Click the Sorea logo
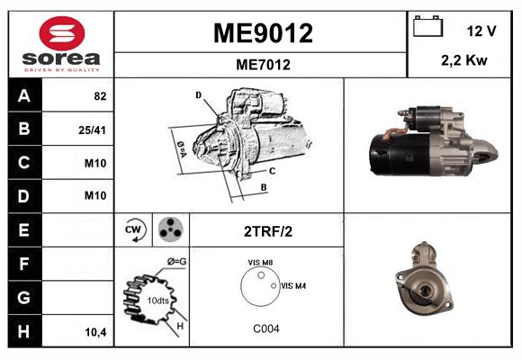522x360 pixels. point(61,44)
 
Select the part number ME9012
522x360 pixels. point(262,33)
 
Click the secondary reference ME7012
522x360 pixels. point(262,64)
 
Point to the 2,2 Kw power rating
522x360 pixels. point(465,60)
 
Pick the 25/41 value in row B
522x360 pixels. point(94,130)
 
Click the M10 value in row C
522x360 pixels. point(94,163)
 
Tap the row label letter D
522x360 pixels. point(23,195)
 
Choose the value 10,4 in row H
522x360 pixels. point(94,332)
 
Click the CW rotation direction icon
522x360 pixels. point(135,229)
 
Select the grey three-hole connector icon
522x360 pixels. point(168,229)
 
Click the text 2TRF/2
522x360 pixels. point(267,230)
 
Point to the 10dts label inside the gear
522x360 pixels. point(157,300)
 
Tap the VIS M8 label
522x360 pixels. point(261,263)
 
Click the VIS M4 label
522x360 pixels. point(293,285)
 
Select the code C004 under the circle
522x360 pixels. point(265,328)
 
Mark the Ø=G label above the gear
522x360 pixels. point(176,261)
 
